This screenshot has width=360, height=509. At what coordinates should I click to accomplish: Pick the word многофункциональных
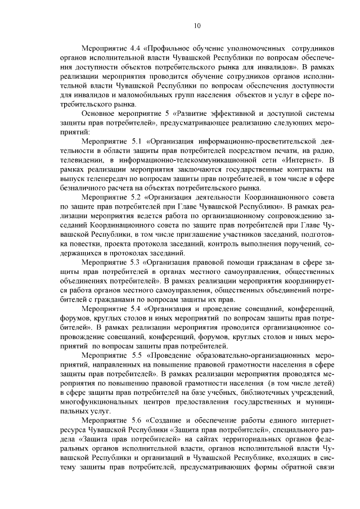pyautogui.click(x=102, y=402)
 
